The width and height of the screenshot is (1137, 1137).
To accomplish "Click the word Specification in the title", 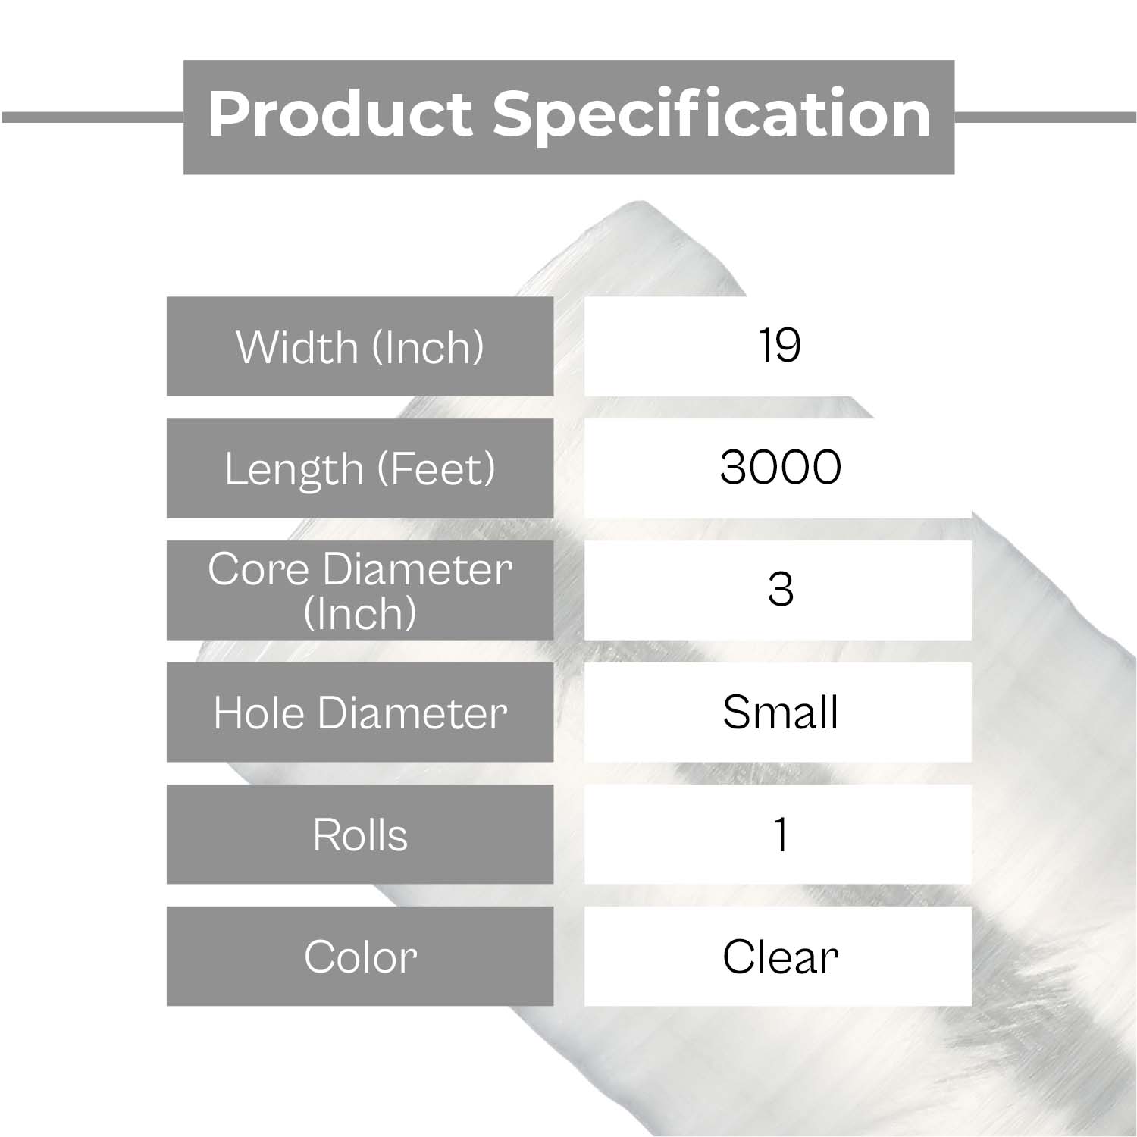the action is coord(712,115).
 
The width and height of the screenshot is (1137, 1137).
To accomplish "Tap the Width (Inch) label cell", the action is coord(360,346).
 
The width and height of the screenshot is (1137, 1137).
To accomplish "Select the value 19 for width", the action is coord(779,346).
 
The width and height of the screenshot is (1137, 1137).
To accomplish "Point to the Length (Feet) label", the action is coord(360,468).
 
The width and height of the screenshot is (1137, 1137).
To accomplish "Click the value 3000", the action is coord(780,467).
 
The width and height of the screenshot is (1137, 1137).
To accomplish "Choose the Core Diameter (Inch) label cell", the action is coord(360,590).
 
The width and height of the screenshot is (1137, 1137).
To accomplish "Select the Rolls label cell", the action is coord(360,834).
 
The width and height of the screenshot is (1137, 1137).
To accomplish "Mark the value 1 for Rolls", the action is coord(781,835).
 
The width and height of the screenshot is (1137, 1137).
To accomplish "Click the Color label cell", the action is coord(360,956).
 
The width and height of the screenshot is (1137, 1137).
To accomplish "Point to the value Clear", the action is coord(780,957).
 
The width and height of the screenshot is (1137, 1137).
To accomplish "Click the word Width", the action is coord(297,347).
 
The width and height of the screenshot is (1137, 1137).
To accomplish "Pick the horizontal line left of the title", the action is coord(92,117).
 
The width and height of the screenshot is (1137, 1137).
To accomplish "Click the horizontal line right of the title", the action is coord(1045,117).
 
